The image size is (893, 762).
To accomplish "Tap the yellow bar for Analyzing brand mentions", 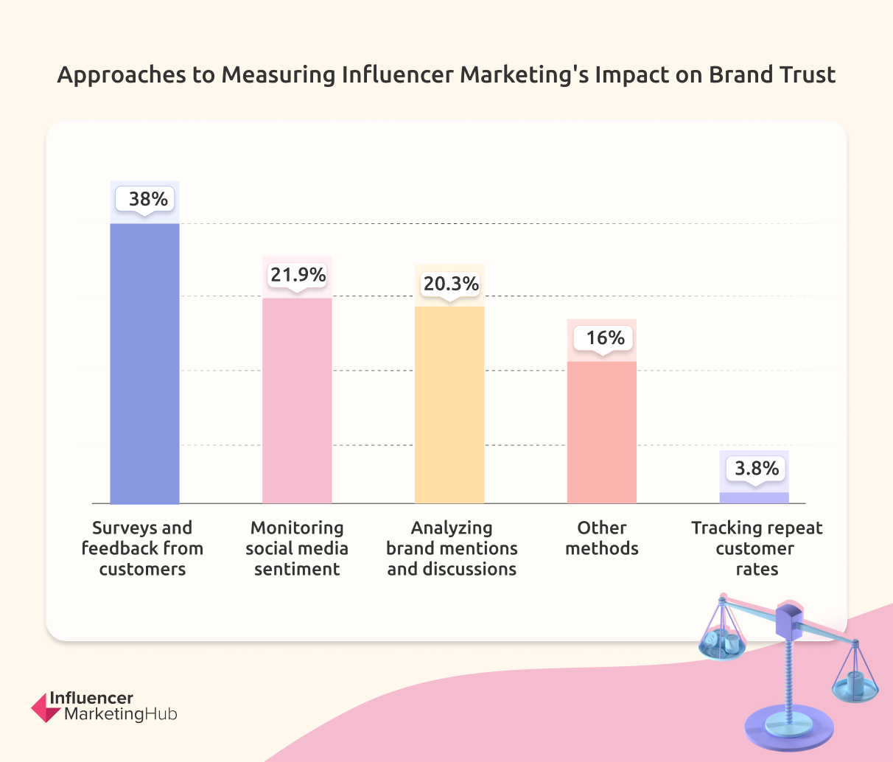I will (449, 405).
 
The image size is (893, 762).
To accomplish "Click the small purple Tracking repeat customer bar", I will (754, 498).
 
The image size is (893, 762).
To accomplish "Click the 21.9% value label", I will (298, 275).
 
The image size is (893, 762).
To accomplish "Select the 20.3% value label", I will (450, 284).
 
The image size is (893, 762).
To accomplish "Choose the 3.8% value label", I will (756, 468).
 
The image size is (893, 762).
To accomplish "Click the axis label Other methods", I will (601, 538).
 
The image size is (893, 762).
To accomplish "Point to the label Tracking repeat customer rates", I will (757, 548).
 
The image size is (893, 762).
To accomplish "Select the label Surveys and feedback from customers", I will (142, 548).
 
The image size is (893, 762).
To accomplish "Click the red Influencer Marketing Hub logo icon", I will (45, 707).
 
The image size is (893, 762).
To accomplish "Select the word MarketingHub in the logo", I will (121, 714).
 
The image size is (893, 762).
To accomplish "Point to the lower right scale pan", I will (855, 690).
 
